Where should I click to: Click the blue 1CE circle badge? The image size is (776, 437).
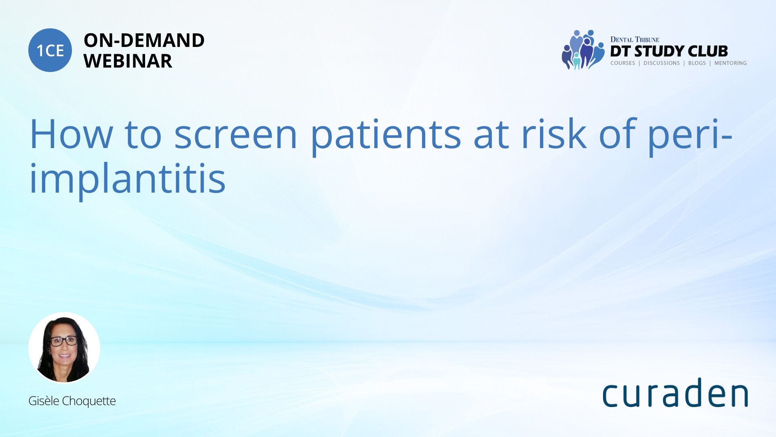(50, 50)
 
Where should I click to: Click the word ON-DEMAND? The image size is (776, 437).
(144, 40)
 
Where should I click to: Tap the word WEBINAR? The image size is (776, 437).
(128, 61)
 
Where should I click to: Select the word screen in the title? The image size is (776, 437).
(236, 134)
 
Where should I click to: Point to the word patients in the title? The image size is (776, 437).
(386, 137)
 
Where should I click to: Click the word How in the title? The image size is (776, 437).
(71, 134)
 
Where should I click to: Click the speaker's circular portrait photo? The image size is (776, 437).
(64, 348)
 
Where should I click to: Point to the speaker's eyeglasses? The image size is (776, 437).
(63, 341)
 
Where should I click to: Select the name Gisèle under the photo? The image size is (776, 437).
(44, 401)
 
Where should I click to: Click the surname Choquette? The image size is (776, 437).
(89, 401)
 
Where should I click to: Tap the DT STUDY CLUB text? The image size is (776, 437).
(669, 51)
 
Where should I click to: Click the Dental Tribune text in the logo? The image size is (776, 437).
(635, 39)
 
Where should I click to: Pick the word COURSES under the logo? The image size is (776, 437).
(622, 63)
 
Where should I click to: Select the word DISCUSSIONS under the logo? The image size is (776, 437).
(662, 63)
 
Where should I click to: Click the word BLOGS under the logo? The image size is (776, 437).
(697, 63)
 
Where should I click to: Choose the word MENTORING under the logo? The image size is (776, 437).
(730, 63)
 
